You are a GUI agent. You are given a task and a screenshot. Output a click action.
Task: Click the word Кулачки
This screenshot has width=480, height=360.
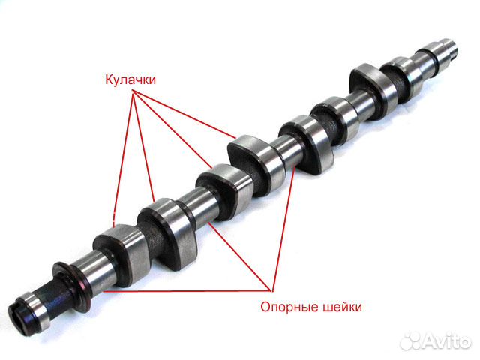(x=130, y=79)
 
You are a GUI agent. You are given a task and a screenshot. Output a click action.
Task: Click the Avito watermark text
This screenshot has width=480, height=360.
(x=447, y=340)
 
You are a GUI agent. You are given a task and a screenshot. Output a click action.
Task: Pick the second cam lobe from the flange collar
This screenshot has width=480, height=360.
(x=166, y=232)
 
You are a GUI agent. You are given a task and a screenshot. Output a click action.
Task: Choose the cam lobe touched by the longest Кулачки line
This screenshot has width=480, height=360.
(x=256, y=165)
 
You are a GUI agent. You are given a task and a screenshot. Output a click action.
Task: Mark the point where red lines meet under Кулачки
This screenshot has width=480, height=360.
(x=133, y=91)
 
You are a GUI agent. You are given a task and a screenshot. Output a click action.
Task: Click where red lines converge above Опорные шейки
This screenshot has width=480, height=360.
(x=271, y=290)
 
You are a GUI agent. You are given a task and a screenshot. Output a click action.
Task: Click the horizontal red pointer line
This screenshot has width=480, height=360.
(x=187, y=291)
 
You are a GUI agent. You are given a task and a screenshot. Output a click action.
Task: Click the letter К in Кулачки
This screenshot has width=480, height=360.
(x=109, y=79)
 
